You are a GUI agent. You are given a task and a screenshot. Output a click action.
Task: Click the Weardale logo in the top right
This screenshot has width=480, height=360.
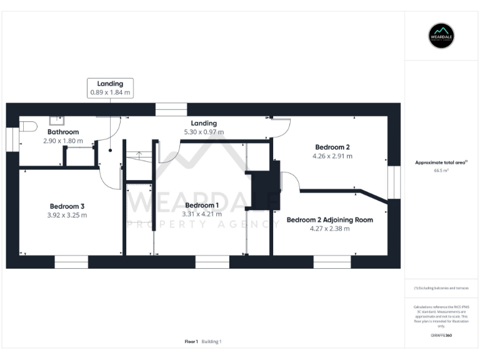pos(441,35)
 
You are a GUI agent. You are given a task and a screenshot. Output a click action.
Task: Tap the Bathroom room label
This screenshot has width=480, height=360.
pos(63,132)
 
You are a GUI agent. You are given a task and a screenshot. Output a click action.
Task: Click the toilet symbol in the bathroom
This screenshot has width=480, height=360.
pos(26,126)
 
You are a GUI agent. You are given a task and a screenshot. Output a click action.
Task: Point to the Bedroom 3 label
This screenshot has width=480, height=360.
pos(67,206)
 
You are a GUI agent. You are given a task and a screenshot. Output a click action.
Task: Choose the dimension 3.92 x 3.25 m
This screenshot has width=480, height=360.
pos(67,215)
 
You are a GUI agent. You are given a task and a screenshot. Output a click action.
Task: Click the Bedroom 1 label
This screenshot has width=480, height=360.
pos(202,205)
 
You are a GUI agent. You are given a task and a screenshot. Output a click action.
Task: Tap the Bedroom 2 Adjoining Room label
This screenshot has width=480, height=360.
pos(329,219)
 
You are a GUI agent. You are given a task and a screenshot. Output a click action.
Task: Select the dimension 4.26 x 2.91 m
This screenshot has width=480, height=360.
pos(332,156)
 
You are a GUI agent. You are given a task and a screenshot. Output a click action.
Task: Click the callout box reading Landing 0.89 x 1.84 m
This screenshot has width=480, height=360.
pos(110,87)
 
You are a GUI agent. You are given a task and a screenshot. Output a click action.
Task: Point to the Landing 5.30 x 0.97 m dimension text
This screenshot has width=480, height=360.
pos(204,132)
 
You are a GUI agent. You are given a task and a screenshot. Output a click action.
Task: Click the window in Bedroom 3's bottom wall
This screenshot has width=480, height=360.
pos(71,262)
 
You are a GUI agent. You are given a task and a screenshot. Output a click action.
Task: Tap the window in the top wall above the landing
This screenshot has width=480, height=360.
pos(171,109)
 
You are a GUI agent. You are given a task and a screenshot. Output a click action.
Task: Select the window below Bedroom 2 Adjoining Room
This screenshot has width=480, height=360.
pos(332,262)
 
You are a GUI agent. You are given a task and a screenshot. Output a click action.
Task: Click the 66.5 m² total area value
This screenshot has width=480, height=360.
pos(441,170)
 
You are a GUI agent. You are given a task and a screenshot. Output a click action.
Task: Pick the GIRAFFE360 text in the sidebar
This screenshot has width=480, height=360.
pos(441,336)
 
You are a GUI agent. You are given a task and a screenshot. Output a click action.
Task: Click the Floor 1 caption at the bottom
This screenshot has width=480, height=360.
pos(191,341)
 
